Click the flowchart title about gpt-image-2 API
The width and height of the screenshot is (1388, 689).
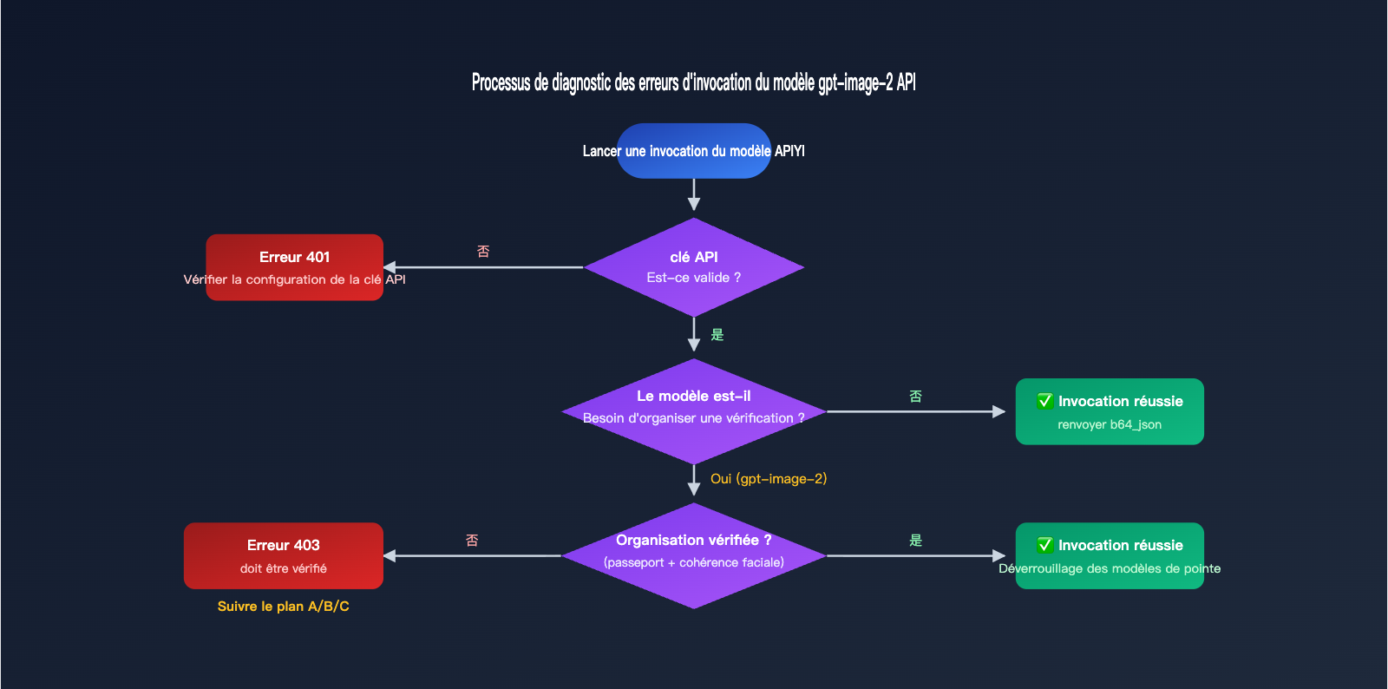click(x=693, y=82)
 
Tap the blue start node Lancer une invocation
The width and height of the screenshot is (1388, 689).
click(x=693, y=151)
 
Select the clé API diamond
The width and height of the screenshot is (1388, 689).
click(x=693, y=266)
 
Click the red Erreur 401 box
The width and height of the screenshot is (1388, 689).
click(x=294, y=266)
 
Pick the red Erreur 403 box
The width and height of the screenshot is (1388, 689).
click(x=283, y=555)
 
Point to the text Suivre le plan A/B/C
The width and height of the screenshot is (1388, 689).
click(x=283, y=606)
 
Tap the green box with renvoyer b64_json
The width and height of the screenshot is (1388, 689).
click(x=1109, y=411)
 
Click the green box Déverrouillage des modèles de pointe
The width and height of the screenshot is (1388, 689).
click(x=1109, y=555)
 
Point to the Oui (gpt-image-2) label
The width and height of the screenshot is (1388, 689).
click(x=768, y=479)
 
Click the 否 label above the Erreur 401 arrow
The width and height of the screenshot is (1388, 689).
click(x=483, y=252)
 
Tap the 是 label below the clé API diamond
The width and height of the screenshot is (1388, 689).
click(x=717, y=335)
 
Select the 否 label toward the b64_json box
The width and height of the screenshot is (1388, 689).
click(x=915, y=397)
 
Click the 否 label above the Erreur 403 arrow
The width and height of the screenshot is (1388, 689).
click(x=472, y=541)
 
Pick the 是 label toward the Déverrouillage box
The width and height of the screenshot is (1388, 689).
click(x=915, y=541)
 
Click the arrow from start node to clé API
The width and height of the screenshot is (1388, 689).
click(x=693, y=194)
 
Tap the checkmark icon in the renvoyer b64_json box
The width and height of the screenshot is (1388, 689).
click(x=1045, y=401)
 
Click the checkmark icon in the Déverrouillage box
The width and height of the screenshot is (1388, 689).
click(x=1045, y=545)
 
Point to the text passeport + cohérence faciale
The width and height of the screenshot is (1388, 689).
click(x=693, y=562)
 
